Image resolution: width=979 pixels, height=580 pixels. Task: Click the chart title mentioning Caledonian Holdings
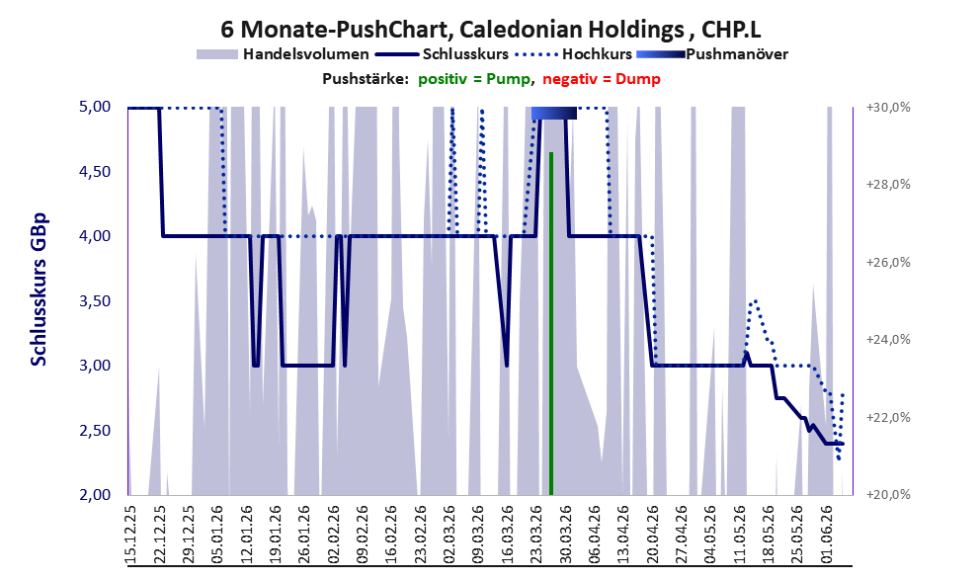point(491,30)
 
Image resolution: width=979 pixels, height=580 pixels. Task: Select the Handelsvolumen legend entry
point(283,54)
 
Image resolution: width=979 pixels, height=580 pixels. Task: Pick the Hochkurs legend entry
point(573,54)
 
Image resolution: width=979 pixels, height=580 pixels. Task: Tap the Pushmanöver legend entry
point(711,54)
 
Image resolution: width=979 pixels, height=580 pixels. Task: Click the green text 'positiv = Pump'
point(474,79)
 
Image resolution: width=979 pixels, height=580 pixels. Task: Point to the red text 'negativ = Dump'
point(602,79)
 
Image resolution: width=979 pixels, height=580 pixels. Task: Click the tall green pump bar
point(551,323)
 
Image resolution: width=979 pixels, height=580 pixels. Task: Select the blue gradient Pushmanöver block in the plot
point(554,113)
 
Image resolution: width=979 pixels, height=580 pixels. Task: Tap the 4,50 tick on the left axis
point(96,171)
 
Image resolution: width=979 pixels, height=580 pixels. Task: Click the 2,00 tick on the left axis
point(96,494)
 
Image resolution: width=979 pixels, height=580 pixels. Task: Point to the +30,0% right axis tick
point(888,108)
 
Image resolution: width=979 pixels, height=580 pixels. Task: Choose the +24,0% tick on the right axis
point(888,340)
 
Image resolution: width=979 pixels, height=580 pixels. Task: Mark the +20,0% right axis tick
point(888,494)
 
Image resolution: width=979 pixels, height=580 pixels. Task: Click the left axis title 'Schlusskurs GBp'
point(39,290)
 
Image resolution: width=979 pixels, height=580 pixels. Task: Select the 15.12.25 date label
point(130,535)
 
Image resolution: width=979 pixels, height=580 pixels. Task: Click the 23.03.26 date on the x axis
point(536,535)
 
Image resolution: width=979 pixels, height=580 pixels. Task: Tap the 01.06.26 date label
point(827,535)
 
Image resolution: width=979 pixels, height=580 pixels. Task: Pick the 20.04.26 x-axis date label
point(652,535)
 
